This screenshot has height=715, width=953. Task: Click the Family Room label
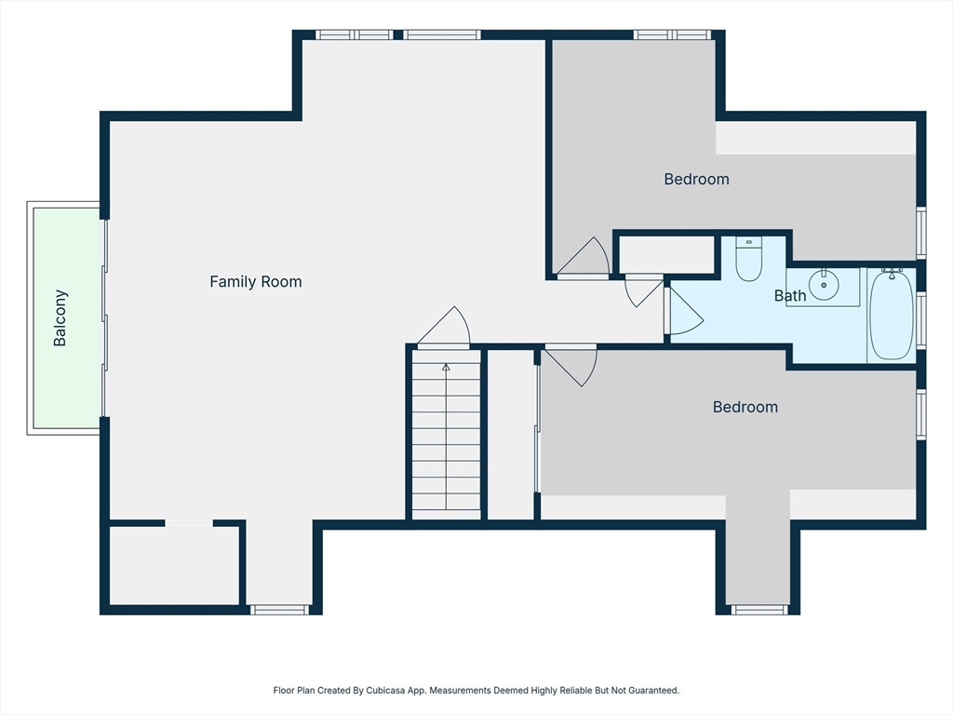[x=255, y=281]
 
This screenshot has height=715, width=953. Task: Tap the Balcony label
[x=60, y=318]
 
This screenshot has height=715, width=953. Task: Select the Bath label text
[x=789, y=295]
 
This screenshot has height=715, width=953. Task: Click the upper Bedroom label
[x=696, y=179]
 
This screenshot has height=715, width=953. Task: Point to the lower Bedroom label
[x=745, y=407]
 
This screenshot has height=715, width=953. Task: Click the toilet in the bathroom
[x=749, y=259]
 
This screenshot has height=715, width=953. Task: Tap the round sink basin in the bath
[x=824, y=284]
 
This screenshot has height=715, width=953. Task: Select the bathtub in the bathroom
[x=891, y=315]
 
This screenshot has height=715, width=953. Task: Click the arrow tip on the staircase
[x=446, y=366]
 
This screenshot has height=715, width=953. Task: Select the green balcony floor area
[x=66, y=318]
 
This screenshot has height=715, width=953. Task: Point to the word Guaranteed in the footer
[x=652, y=690]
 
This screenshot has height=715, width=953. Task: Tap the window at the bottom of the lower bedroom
[x=758, y=610]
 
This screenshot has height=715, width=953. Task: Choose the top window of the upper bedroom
[x=672, y=34]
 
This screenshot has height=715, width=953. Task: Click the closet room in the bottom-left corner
[x=174, y=565]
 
